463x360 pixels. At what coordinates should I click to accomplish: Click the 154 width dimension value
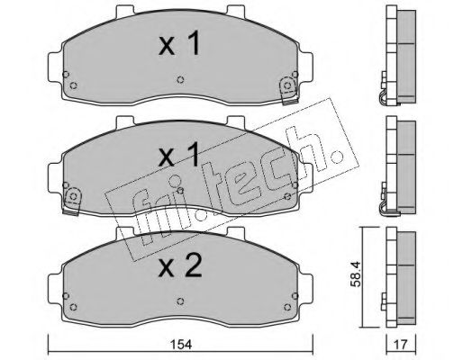181,345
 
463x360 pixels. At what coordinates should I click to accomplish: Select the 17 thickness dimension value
401,345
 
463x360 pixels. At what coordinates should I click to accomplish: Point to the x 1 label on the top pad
179,44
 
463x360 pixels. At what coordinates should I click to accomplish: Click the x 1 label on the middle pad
179,155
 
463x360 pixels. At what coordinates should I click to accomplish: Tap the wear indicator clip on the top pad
288,91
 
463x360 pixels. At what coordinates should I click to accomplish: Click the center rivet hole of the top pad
180,79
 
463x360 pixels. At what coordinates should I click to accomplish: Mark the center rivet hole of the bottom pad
180,301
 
